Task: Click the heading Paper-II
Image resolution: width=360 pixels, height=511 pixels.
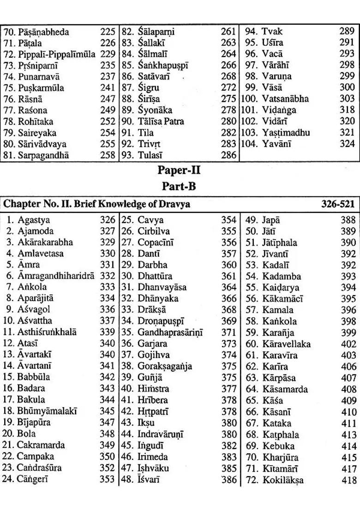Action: pyautogui.click(x=179, y=170)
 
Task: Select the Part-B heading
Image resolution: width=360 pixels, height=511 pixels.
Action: pyautogui.click(x=179, y=187)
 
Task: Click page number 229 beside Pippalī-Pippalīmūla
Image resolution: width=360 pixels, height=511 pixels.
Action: pyautogui.click(x=108, y=54)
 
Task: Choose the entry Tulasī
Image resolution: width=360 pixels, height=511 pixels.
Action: pyautogui.click(x=150, y=155)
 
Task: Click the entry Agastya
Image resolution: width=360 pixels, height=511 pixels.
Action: pyautogui.click(x=34, y=220)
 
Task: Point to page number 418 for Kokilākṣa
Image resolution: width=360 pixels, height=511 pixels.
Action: pyautogui.click(x=348, y=481)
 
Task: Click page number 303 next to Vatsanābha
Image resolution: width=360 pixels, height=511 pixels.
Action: pyautogui.click(x=347, y=99)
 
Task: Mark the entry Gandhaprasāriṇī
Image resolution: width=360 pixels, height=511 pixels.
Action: pyautogui.click(x=170, y=333)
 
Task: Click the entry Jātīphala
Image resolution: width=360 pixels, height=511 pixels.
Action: pyautogui.click(x=280, y=243)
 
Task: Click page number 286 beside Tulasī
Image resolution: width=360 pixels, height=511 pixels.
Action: pyautogui.click(x=228, y=155)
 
